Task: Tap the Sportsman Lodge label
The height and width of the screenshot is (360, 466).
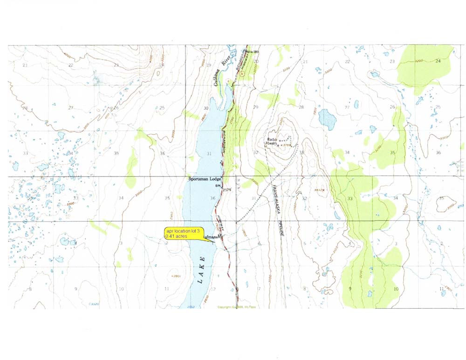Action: (204, 179)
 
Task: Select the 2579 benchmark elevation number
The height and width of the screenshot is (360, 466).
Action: (227, 190)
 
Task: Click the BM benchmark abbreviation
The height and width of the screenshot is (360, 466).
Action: (217, 186)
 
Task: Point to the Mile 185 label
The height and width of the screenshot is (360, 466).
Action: (251, 51)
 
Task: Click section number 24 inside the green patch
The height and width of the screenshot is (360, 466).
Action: (438, 61)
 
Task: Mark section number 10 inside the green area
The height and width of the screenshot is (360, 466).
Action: (396, 289)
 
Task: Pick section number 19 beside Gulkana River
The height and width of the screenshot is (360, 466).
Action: (209, 65)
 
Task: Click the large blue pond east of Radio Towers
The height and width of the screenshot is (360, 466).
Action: (328, 120)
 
